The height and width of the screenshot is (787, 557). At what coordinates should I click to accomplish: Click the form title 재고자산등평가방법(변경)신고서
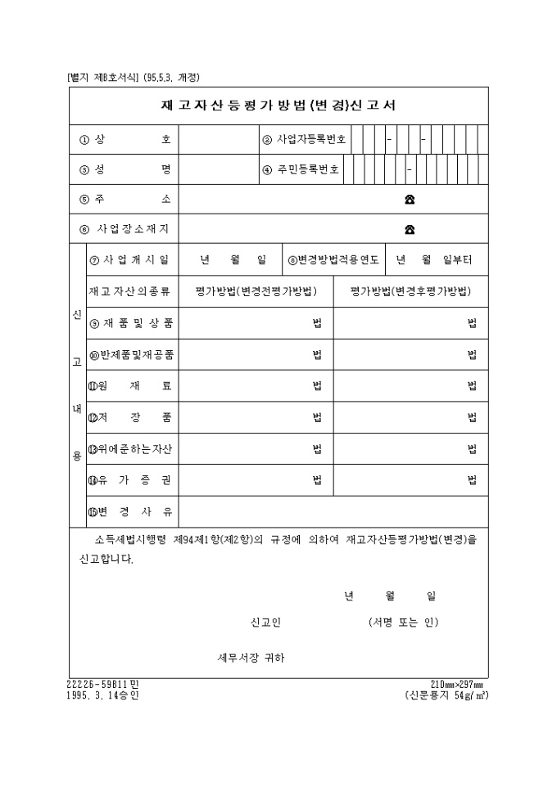[278, 105]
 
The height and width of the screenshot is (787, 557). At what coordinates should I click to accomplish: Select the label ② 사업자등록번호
[304, 139]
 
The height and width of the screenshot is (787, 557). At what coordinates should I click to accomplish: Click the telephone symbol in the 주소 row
[410, 200]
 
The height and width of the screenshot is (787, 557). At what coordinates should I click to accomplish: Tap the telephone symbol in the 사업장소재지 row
[410, 229]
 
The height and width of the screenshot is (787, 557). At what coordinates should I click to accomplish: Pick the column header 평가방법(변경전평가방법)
[256, 291]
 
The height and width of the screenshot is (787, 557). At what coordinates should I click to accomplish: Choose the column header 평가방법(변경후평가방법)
[410, 291]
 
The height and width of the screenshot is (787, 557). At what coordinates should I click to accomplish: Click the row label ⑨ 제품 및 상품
[130, 323]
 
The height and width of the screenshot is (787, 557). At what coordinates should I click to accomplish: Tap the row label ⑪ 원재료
[130, 385]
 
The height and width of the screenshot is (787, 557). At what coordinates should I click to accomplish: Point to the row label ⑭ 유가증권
[130, 480]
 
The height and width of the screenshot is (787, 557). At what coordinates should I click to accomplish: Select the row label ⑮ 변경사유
[130, 512]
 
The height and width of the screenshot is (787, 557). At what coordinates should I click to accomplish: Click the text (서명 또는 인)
[404, 623]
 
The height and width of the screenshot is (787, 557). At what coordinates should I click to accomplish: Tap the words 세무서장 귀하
[251, 658]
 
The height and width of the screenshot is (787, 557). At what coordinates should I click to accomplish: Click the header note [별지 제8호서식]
[104, 78]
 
